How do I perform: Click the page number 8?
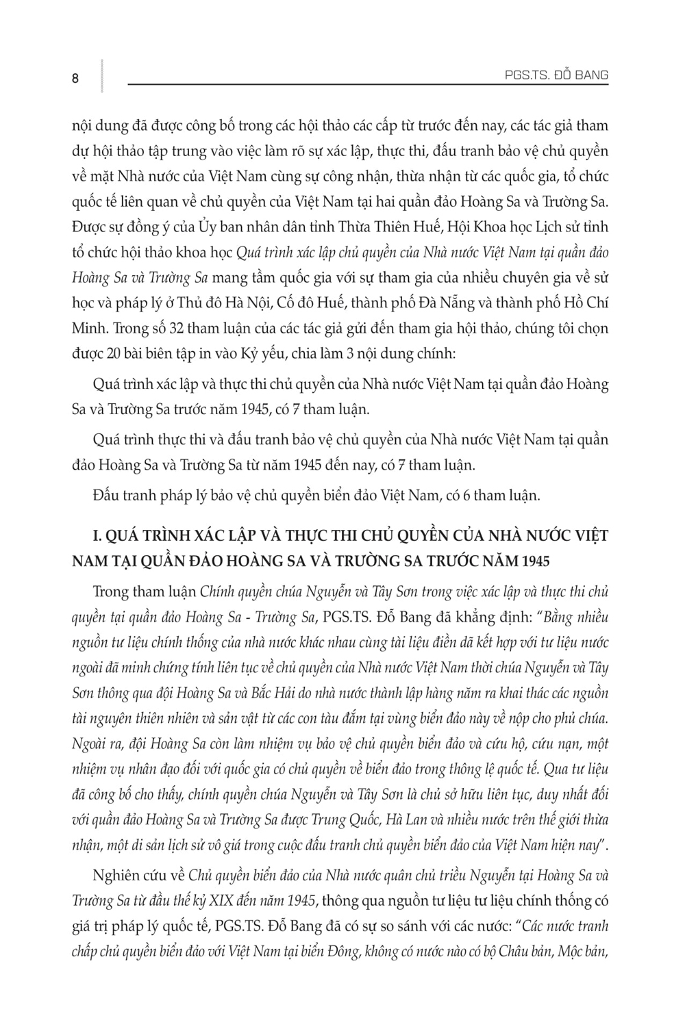pos(75,78)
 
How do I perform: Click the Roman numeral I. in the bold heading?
pos(77,535)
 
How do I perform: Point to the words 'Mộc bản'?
pos(583,951)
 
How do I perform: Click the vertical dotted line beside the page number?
pos(101,75)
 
